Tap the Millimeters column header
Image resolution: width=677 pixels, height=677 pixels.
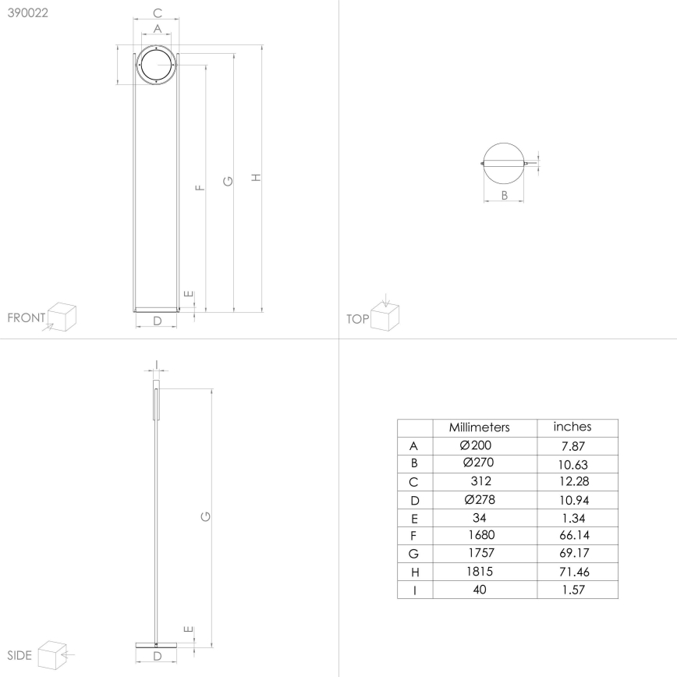pyautogui.click(x=479, y=427)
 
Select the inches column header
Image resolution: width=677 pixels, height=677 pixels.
pyautogui.click(x=572, y=427)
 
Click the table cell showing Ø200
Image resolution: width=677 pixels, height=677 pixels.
pyautogui.click(x=479, y=445)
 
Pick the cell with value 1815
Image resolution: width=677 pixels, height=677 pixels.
pyautogui.click(x=479, y=572)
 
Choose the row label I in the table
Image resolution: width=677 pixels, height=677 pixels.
pyautogui.click(x=414, y=590)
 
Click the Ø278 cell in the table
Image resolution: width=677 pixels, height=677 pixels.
pyautogui.click(x=479, y=500)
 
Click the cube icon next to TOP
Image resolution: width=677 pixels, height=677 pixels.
pyautogui.click(x=385, y=314)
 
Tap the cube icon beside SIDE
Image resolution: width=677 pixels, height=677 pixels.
pyautogui.click(x=52, y=653)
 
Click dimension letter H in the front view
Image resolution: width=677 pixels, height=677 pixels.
pyautogui.click(x=256, y=179)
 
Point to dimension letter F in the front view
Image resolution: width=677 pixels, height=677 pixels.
pyautogui.click(x=200, y=187)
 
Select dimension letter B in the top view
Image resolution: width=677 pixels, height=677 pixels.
pyautogui.click(x=504, y=196)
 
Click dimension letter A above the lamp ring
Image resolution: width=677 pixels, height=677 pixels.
pyautogui.click(x=157, y=28)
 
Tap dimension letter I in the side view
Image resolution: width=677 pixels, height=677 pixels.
pyautogui.click(x=156, y=363)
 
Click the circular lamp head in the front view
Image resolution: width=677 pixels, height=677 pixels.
pyautogui.click(x=157, y=66)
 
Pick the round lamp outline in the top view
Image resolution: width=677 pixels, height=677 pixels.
pyautogui.click(x=504, y=163)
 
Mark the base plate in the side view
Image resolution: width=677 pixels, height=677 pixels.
pyautogui.click(x=157, y=643)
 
